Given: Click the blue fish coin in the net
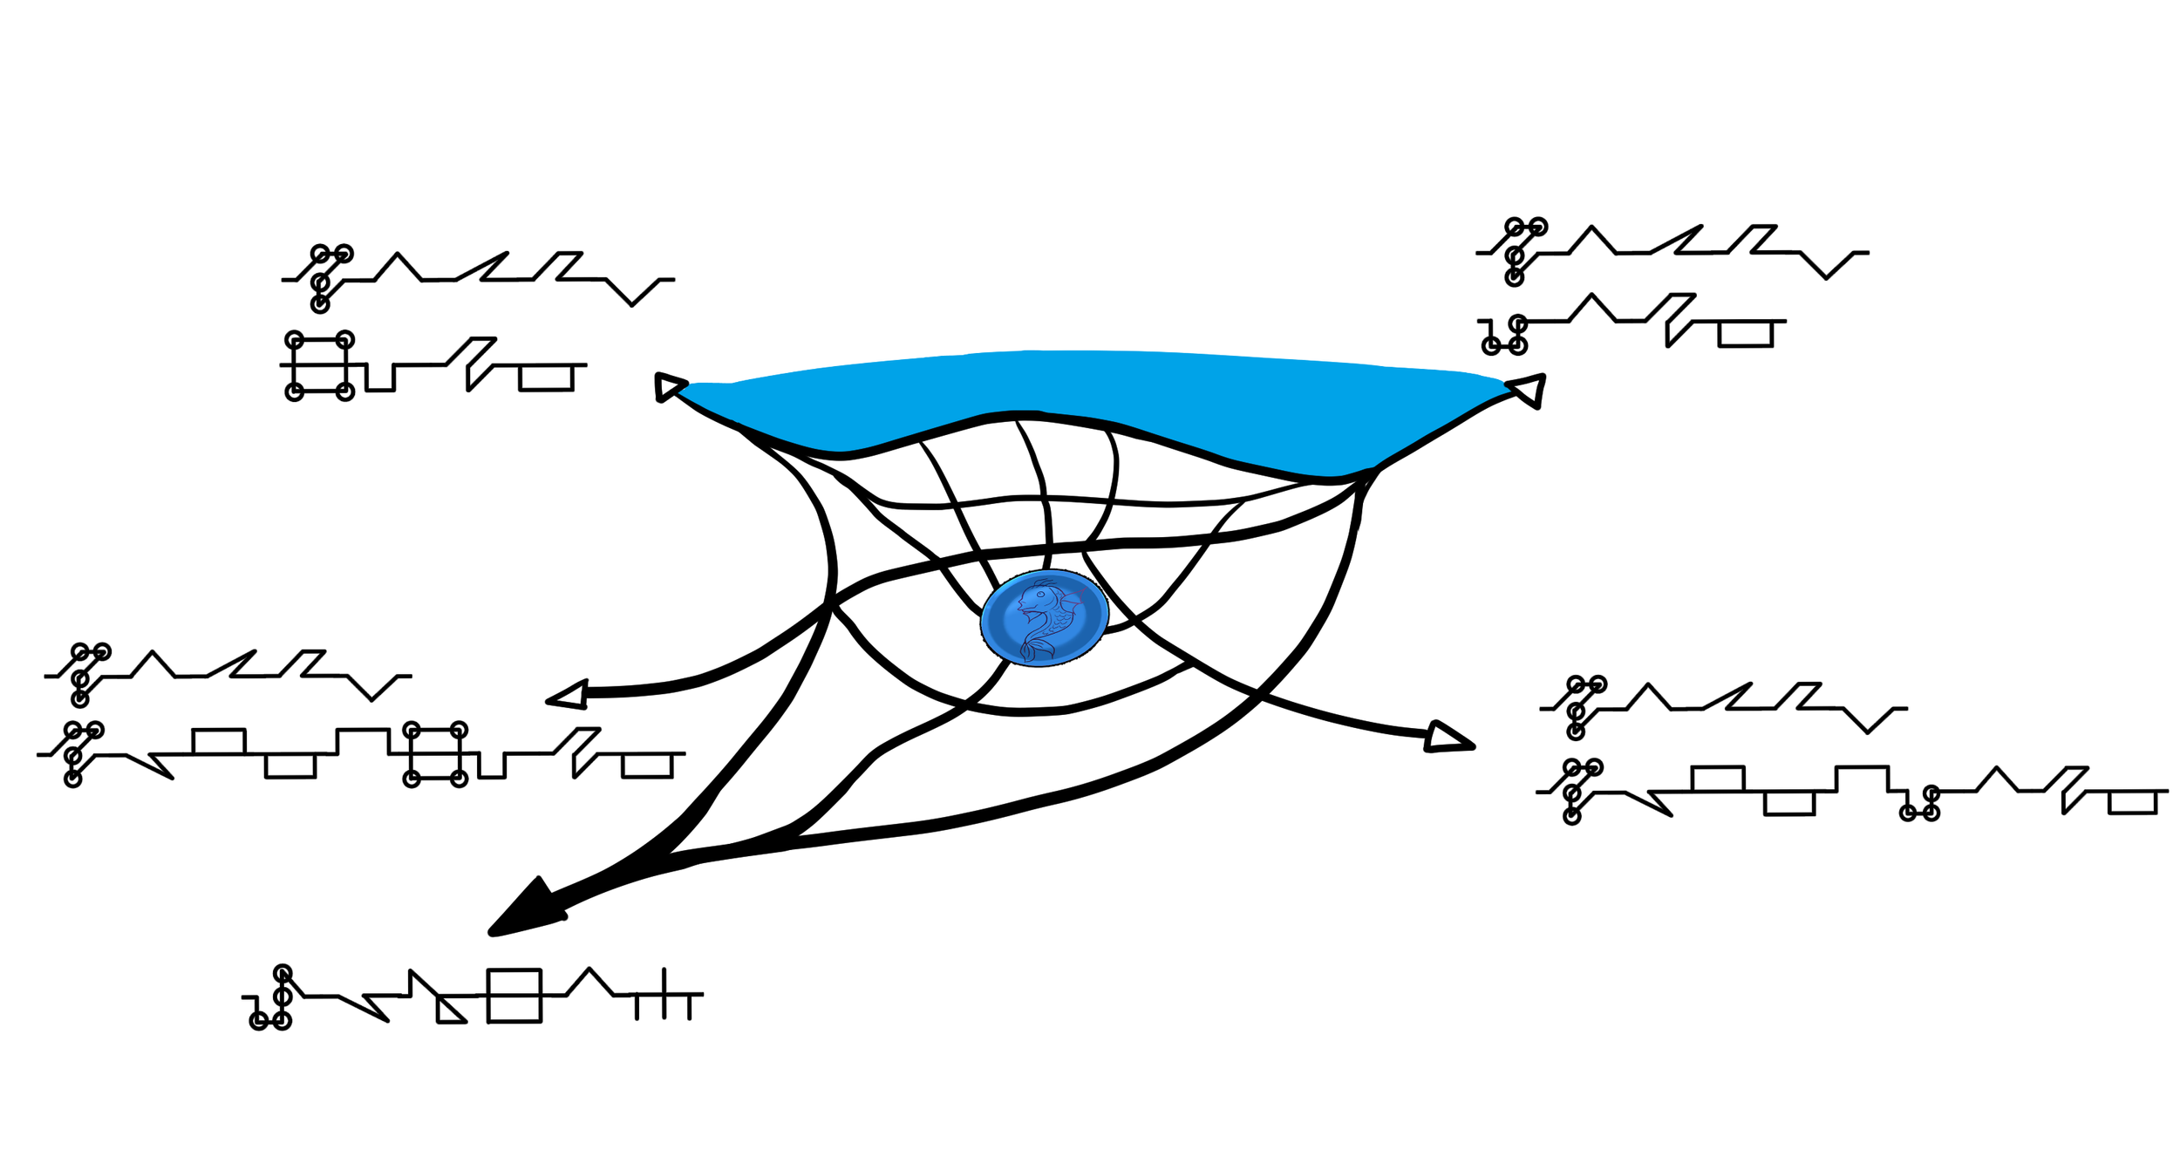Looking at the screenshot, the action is pyautogui.click(x=1044, y=617).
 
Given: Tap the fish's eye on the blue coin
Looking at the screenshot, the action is pyautogui.click(x=1040, y=595).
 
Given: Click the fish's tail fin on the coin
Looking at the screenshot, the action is pyautogui.click(x=1035, y=648).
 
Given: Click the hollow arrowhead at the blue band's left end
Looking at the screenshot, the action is pyautogui.click(x=668, y=386).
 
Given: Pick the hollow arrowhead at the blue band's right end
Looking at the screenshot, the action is pyautogui.click(x=1529, y=389).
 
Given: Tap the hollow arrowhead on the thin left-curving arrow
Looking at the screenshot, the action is pyautogui.click(x=569, y=695).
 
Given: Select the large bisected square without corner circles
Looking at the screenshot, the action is pyautogui.click(x=514, y=995).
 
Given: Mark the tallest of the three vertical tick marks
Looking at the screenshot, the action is pyautogui.click(x=664, y=993).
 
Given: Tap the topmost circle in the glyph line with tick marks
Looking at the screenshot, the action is pyautogui.click(x=283, y=973).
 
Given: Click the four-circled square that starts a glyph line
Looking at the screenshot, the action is pyautogui.click(x=320, y=365).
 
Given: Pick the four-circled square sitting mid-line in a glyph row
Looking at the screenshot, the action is pyautogui.click(x=435, y=754).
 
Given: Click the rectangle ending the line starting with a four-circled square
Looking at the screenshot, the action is pyautogui.click(x=546, y=378).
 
